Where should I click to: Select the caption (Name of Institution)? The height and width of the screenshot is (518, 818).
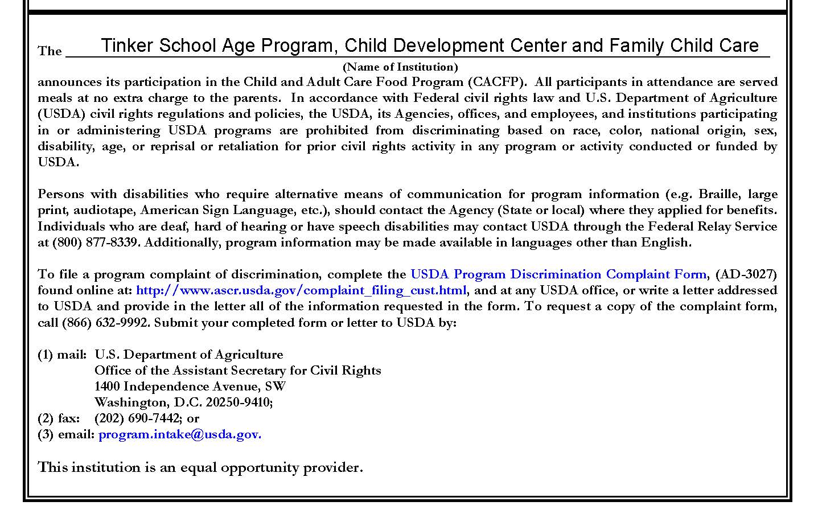(x=400, y=67)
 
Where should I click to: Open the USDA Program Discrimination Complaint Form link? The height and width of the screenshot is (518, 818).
(x=558, y=274)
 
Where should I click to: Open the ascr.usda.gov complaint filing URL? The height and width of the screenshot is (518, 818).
(x=301, y=290)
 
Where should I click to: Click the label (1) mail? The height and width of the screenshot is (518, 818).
(x=62, y=355)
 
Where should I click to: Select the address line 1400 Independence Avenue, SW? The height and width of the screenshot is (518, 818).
(x=190, y=387)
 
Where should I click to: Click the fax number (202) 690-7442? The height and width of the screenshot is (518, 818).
(x=138, y=418)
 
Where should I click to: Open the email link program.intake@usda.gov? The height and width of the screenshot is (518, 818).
(x=180, y=435)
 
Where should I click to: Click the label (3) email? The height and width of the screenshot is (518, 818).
(x=66, y=435)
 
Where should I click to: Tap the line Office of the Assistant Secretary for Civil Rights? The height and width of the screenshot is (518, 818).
(x=237, y=371)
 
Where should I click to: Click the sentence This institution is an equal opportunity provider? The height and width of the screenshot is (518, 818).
(x=200, y=468)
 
